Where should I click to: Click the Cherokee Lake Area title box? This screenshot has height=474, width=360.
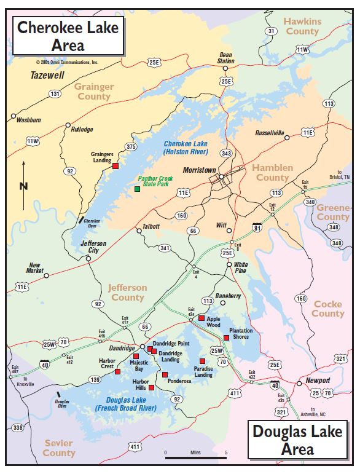coord(68,35)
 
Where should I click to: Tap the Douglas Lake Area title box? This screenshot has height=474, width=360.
coord(297,440)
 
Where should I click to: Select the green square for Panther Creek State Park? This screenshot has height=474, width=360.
coord(137,189)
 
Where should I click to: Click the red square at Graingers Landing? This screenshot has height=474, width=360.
coord(115,166)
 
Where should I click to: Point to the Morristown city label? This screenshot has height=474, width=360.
coord(200,170)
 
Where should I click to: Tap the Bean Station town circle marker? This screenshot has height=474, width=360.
coord(226,68)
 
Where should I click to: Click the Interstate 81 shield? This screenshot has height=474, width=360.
coord(256,228)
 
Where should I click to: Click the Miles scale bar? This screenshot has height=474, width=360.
coord(196,457)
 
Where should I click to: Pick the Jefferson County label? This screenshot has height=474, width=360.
coord(127,293)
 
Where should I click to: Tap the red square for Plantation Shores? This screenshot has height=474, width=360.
coord(226,338)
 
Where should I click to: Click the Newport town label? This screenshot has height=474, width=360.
coord(318,381)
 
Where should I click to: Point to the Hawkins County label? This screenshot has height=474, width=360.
coord(302,26)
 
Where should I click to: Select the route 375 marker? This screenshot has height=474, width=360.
coord(131,147)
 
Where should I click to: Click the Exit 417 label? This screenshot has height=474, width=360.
coord(125,320)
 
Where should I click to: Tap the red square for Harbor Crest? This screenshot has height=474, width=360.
coord(117,371)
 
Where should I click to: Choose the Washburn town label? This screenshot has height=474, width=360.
coord(28,120)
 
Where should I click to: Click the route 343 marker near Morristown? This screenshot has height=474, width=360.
coord(226,153)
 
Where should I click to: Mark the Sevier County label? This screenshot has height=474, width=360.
coord(59,448)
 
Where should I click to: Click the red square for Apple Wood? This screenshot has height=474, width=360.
coord(201,318)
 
